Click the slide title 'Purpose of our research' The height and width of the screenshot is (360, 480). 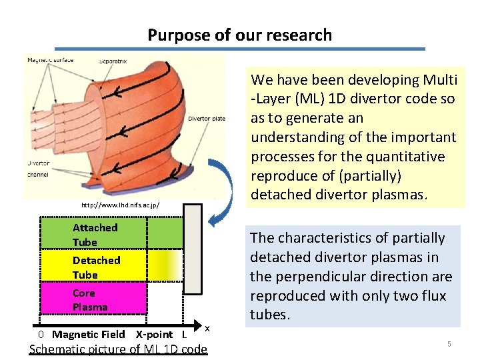click(x=239, y=35)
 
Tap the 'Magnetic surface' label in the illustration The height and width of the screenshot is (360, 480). click(x=50, y=60)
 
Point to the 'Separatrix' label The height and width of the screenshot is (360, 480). click(x=113, y=61)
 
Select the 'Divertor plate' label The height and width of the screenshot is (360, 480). click(x=207, y=119)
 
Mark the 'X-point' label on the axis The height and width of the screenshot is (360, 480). click(x=154, y=334)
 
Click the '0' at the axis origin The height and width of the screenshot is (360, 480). click(x=41, y=334)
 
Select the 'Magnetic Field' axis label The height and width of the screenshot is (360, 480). click(x=89, y=334)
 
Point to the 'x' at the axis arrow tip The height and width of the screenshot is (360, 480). click(x=207, y=327)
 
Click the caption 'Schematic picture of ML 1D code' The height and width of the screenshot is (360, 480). click(x=118, y=349)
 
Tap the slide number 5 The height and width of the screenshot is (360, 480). click(x=449, y=344)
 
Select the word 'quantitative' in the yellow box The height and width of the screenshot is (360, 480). click(x=411, y=156)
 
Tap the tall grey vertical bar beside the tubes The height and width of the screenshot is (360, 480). click(x=192, y=248)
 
